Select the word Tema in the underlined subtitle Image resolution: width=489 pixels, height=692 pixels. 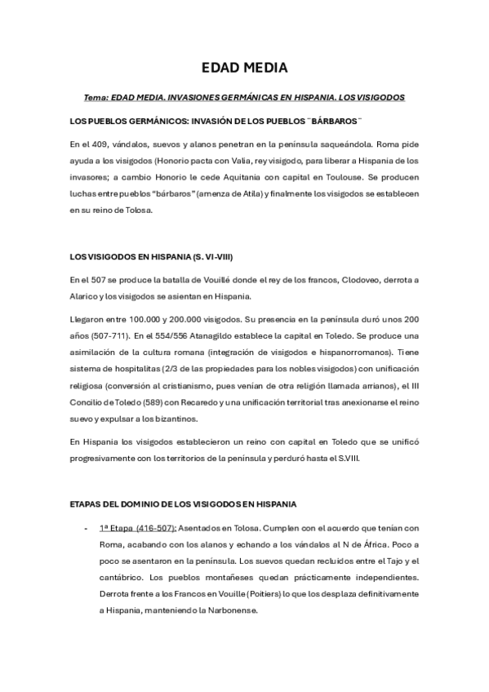click(96, 97)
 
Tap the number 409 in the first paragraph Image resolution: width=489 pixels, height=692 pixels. click(104, 144)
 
